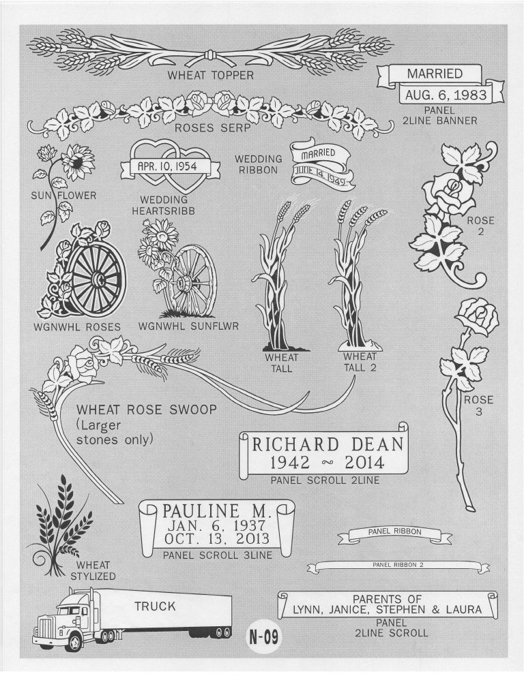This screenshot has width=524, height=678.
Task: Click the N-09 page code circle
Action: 263,638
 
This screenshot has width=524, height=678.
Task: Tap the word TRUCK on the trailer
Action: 155,606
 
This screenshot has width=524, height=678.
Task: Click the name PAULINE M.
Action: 218,511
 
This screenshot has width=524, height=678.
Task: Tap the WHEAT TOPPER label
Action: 211,75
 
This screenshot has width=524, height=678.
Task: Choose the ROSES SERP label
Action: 209,128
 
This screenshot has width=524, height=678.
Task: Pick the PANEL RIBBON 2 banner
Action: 399,566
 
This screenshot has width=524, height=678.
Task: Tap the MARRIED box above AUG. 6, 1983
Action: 435,74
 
